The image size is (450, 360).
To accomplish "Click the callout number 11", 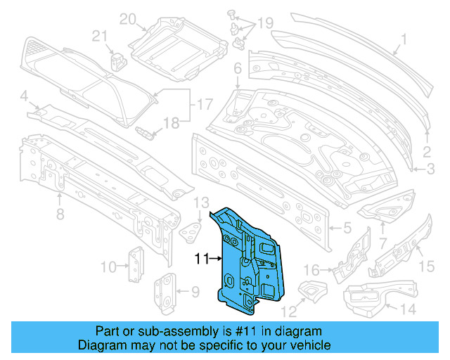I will (x=202, y=259).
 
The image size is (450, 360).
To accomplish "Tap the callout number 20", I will (x=126, y=19).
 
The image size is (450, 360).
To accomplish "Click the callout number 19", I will (x=264, y=24).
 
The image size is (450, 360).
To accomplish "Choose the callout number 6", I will (x=238, y=68).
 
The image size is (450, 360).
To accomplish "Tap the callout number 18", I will (x=172, y=124).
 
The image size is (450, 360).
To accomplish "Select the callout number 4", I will (x=23, y=96).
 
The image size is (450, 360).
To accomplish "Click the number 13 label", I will (x=201, y=202).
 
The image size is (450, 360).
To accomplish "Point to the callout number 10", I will (x=108, y=266).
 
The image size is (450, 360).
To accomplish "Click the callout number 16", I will (x=311, y=269).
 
